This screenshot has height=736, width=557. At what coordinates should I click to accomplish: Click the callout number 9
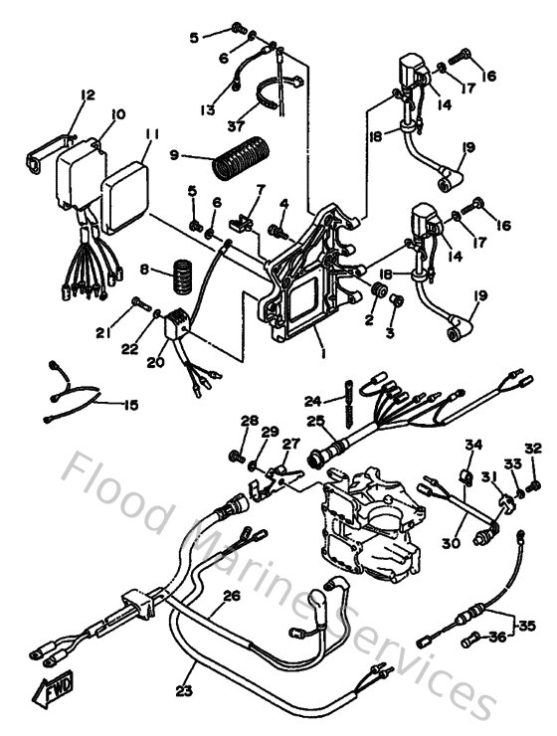tap(174, 155)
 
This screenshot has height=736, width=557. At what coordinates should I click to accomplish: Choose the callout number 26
tap(231, 598)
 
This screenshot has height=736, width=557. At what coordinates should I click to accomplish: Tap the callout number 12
tap(88, 95)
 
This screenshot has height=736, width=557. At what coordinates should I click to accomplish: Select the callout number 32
tap(533, 448)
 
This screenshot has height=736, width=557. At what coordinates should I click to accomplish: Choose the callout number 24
tap(313, 401)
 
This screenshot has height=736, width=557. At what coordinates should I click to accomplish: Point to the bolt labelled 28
tap(238, 457)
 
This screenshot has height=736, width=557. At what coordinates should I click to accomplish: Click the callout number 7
tap(261, 188)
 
